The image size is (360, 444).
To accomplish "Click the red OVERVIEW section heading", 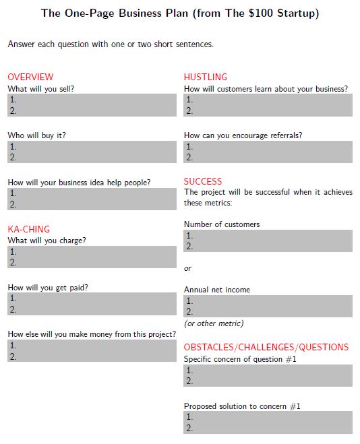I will tap(30, 77).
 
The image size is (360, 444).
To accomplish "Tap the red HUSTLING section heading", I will tap(206, 77).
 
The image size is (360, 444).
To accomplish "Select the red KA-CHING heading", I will tap(28, 229).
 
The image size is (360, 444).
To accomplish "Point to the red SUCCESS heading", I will tap(203, 181).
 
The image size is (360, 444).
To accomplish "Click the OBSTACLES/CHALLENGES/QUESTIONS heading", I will tap(266, 347).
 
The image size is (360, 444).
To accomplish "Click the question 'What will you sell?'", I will tap(40, 88).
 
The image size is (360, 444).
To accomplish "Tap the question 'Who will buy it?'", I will tap(36, 135).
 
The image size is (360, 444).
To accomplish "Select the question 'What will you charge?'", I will tap(47, 241).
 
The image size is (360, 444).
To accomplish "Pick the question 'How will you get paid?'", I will tap(48, 287).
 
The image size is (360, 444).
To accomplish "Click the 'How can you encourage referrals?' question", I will tap(243, 135).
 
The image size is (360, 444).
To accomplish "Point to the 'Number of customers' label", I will tap(222, 224).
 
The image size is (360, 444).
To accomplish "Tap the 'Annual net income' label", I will tap(217, 290).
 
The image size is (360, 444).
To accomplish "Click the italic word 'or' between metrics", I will tap(188, 268).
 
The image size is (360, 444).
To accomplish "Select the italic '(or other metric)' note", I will tap(214, 323).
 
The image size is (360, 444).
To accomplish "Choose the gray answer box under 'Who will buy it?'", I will tap(92, 152).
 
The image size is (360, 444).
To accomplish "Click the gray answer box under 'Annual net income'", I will tap(268, 306).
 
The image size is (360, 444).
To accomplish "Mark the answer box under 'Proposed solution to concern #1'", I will tap(268, 422).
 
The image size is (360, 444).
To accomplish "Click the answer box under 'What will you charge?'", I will tap(92, 257).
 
